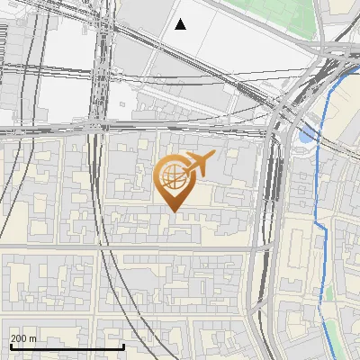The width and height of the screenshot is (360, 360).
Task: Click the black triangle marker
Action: (180, 24)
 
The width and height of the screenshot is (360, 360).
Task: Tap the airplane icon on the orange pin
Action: (197, 163)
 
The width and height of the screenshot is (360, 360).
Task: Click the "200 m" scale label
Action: (24, 338)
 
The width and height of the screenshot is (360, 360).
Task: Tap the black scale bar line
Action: (67, 347)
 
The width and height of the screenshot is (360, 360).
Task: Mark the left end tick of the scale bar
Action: (11, 346)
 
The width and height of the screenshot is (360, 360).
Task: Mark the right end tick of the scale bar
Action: (123, 346)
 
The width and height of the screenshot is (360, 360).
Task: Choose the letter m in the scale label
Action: (33, 338)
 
